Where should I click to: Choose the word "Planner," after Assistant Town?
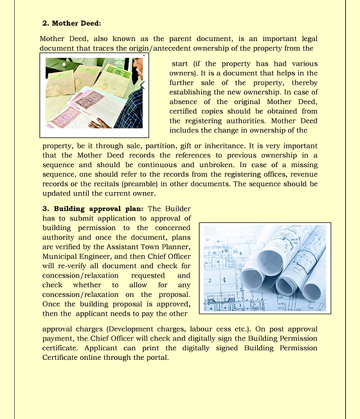[x=172, y=247]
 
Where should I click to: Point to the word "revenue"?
[x=303, y=174]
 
